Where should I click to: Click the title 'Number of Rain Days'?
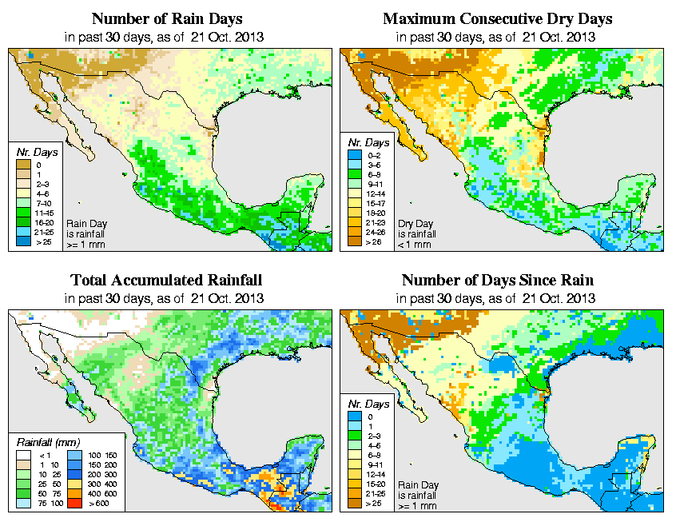click(166, 18)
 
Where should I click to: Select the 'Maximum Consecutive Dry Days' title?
click(498, 18)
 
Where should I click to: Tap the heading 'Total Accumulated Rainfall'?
click(166, 281)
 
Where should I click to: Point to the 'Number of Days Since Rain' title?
click(498, 281)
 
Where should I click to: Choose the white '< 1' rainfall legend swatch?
click(25, 453)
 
